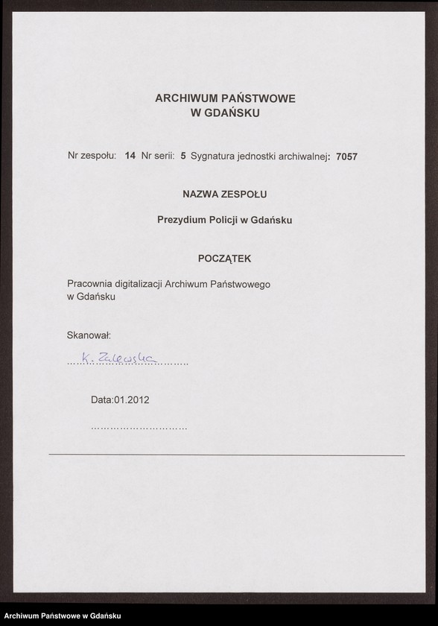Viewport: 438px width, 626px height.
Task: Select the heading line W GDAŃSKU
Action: coord(225,113)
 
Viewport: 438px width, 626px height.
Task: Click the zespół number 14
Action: coord(130,156)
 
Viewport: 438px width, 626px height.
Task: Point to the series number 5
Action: coord(183,156)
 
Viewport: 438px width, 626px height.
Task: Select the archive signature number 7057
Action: coord(347,156)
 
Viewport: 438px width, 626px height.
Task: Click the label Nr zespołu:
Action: coord(92,156)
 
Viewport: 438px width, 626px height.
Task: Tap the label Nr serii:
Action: coord(158,156)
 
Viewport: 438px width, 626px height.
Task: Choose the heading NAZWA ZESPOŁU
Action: coord(225,194)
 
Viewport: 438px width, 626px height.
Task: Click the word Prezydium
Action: coord(182,220)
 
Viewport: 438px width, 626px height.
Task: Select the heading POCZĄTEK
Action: coord(225,259)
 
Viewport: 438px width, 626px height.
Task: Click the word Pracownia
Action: coord(90,285)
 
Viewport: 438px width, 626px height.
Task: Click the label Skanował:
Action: coord(89,336)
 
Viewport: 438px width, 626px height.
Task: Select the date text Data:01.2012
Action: coord(120,399)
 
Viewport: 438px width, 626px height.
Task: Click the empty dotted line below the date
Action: coord(139,429)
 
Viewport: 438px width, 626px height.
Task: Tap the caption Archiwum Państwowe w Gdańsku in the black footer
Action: coord(63,616)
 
